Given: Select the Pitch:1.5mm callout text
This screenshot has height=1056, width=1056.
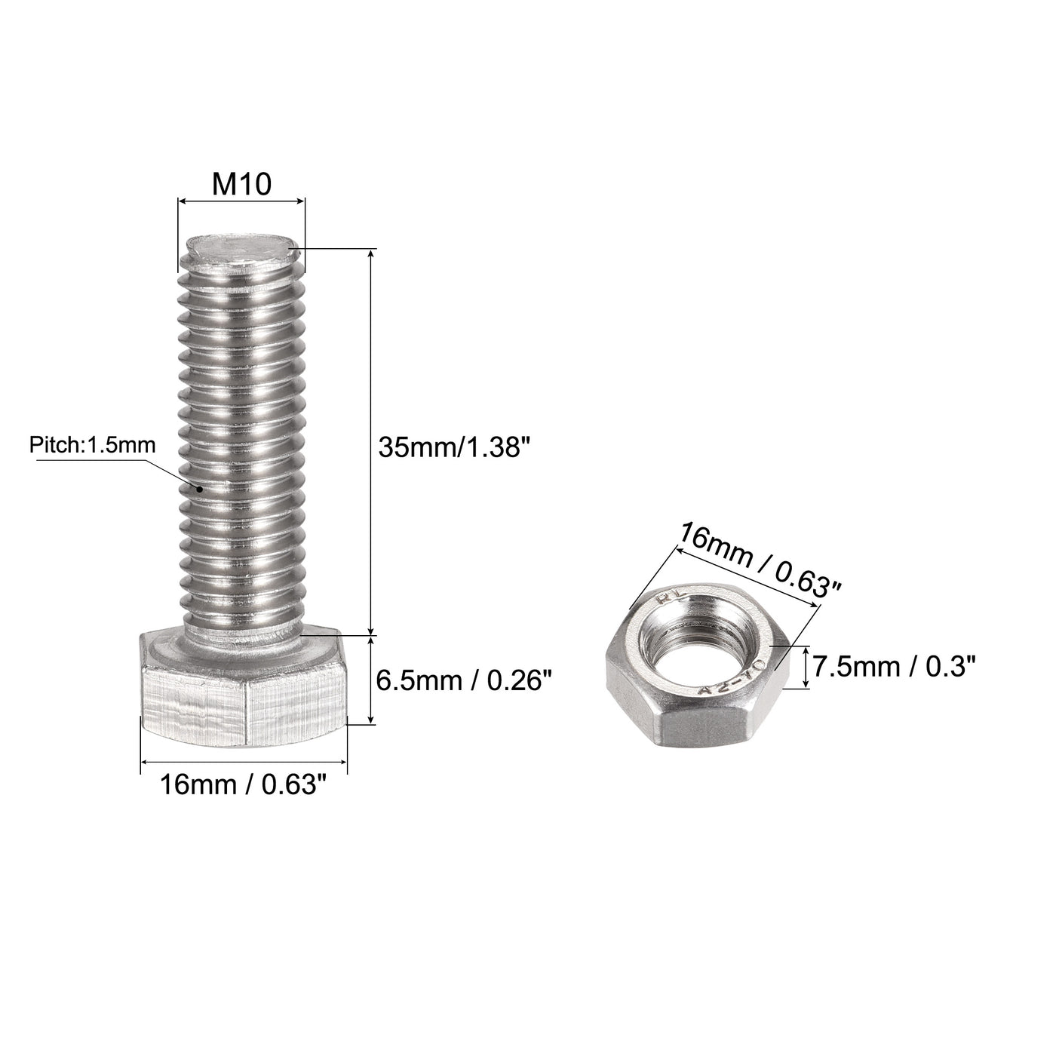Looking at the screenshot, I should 92,445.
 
